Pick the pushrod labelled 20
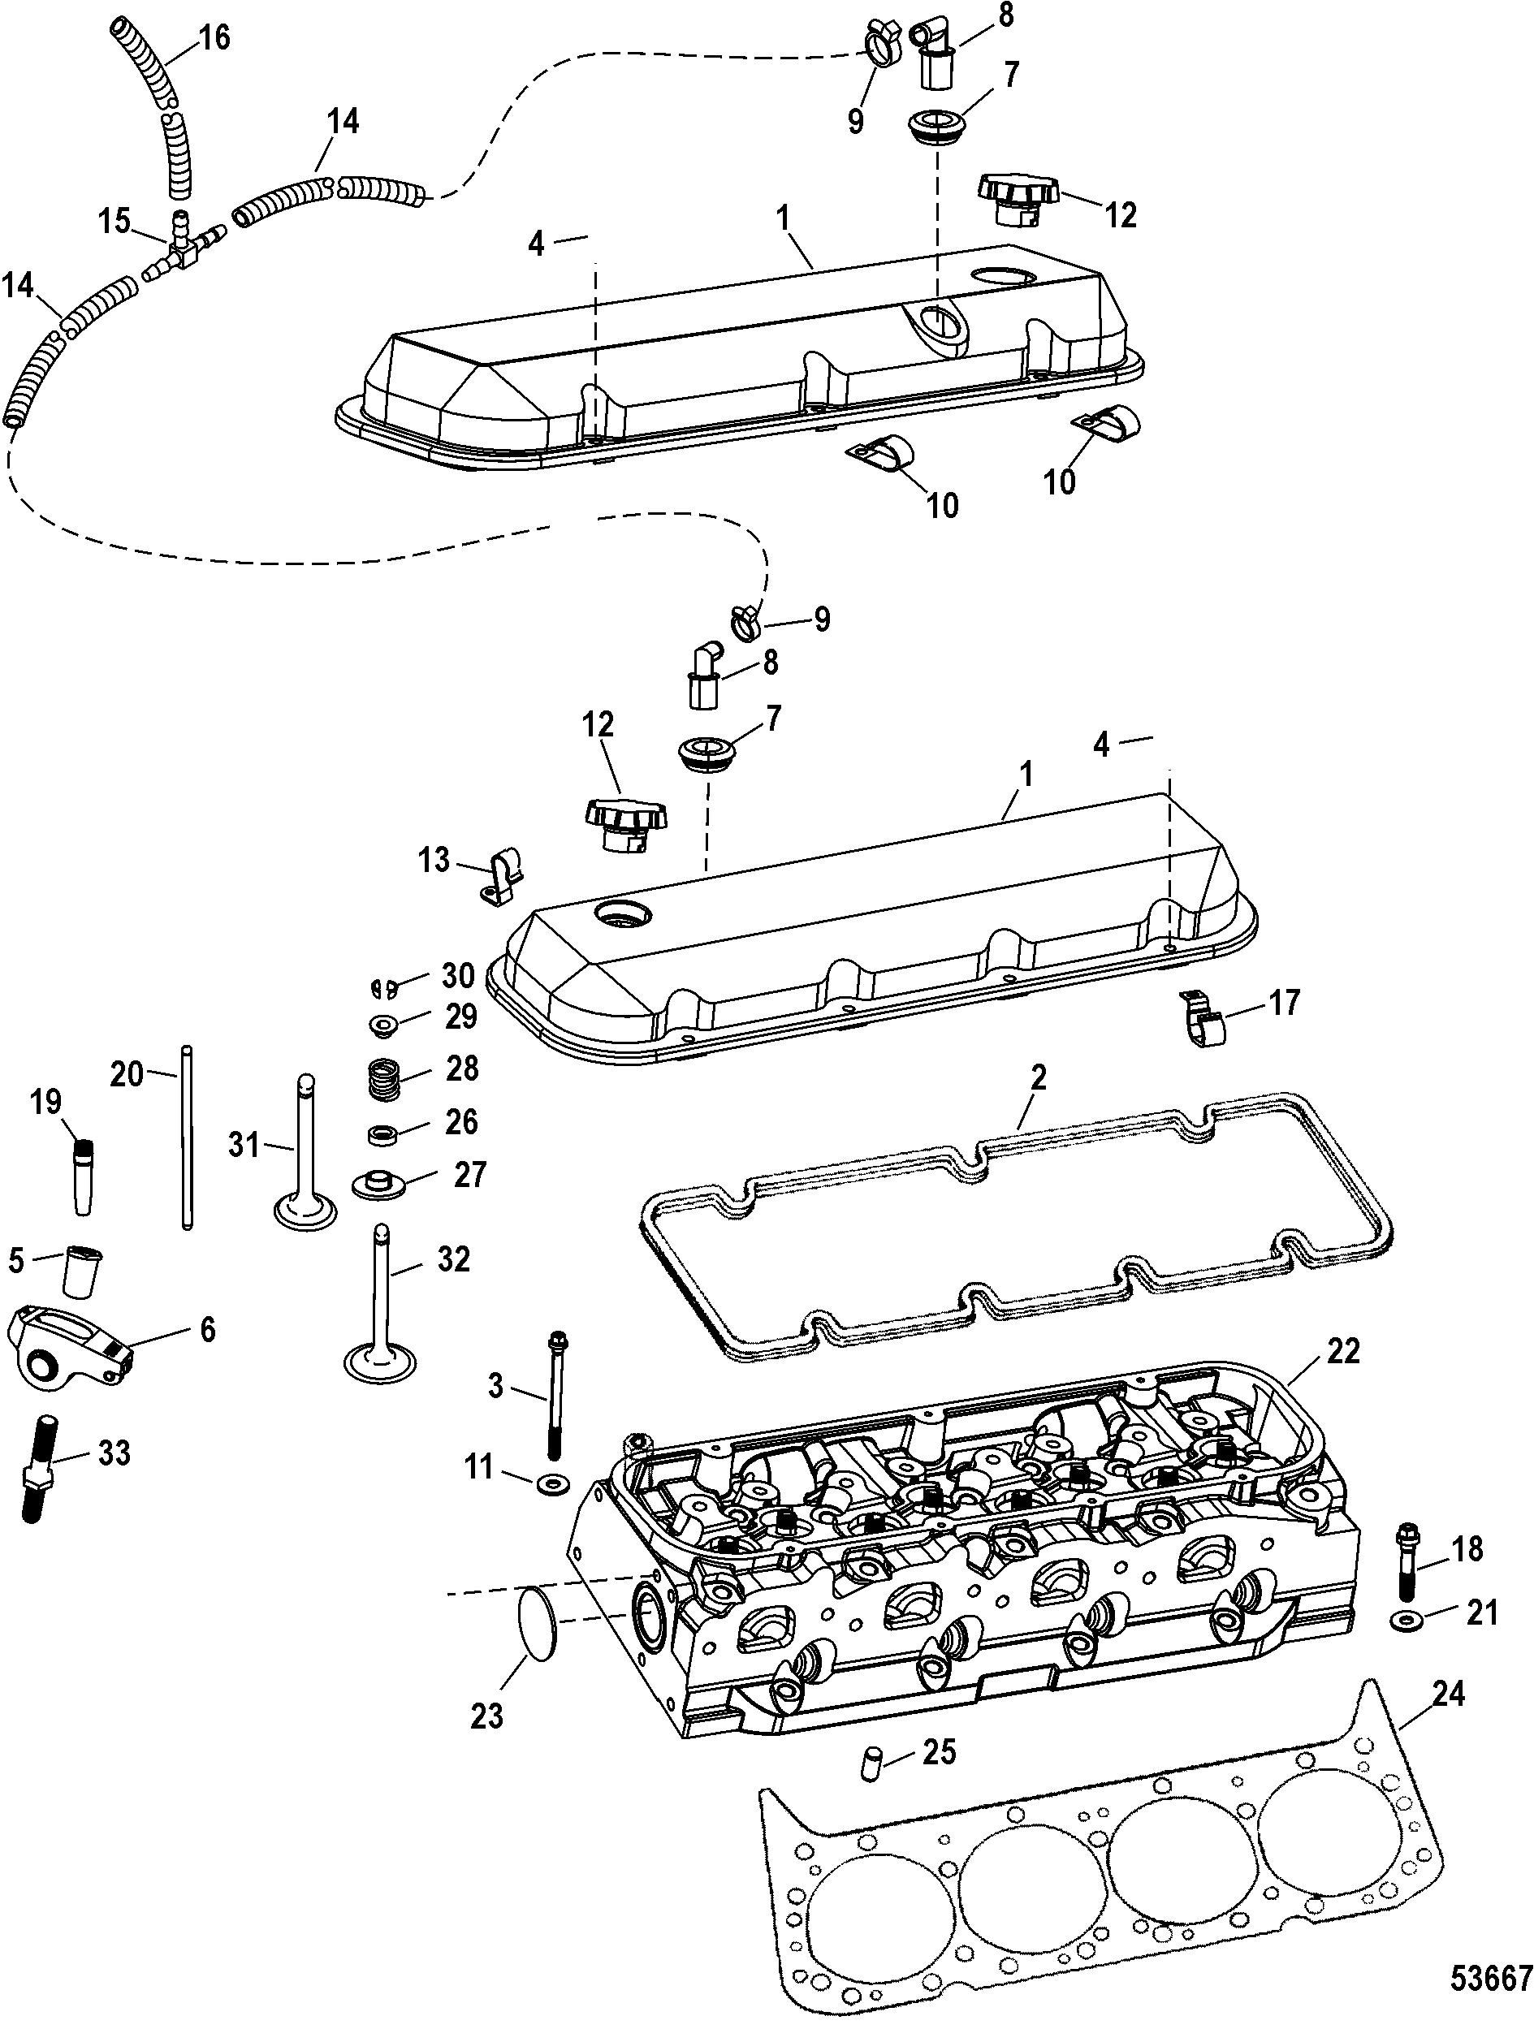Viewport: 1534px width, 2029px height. tap(187, 1137)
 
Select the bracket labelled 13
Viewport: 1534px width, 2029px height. tap(499, 876)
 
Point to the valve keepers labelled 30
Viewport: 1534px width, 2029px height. tap(384, 988)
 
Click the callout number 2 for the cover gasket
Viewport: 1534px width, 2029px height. tap(1037, 1077)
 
